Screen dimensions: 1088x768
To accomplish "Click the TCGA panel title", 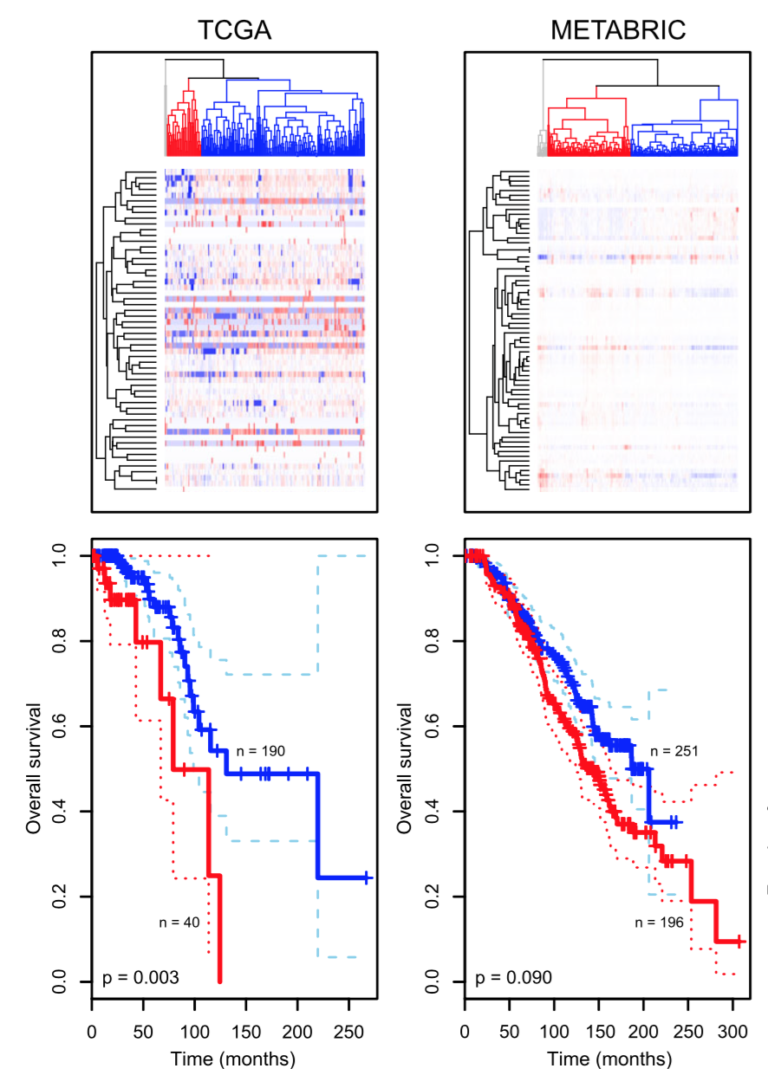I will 234,30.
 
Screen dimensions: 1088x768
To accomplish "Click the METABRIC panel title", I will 618,30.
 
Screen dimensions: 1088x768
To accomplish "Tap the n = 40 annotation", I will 179,923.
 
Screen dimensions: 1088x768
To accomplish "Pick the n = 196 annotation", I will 659,923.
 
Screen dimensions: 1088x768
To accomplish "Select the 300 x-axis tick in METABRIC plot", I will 732,1033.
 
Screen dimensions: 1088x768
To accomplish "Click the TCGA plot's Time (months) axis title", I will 232,1059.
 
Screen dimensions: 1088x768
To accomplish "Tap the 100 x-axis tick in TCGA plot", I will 194,1033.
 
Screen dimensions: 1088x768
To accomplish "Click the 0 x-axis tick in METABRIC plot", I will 465,1033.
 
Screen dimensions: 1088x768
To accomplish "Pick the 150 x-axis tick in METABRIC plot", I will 598,1033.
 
